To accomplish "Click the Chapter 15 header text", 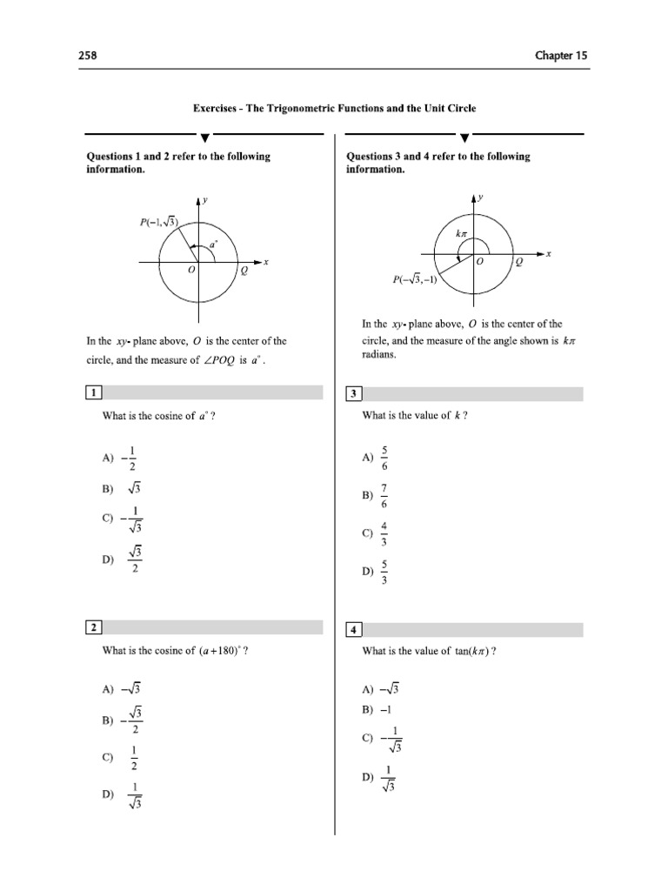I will (561, 56).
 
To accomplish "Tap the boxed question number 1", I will (93, 392).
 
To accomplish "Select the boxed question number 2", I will (93, 627).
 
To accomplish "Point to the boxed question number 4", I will (354, 629).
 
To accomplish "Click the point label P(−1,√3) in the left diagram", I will (158, 223).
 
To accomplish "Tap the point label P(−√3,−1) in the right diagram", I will (415, 280).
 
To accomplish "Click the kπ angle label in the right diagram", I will (461, 233).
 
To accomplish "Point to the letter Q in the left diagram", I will (244, 271).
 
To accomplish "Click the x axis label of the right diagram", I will (550, 253).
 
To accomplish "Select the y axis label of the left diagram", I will (205, 200).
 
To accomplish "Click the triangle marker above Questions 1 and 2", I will (204, 137).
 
